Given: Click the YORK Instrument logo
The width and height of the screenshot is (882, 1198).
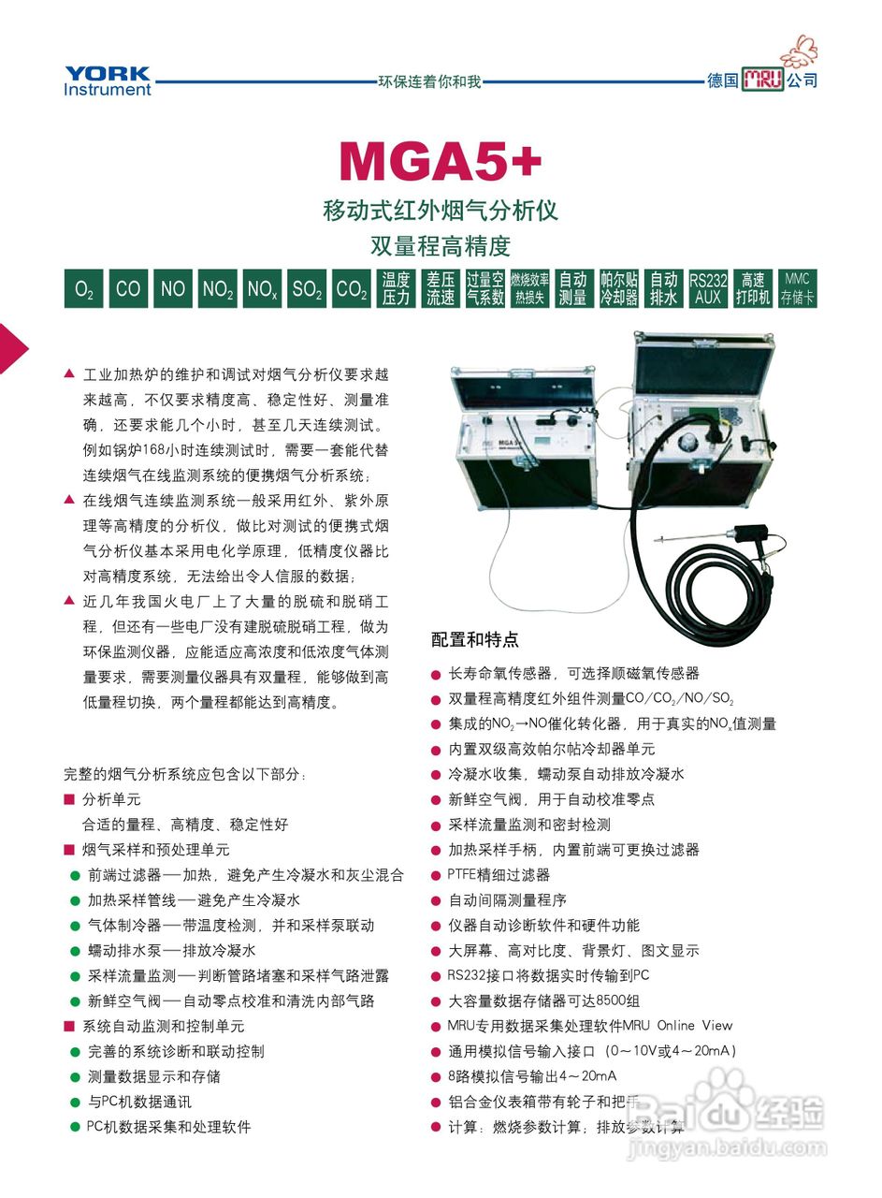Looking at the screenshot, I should (108, 80).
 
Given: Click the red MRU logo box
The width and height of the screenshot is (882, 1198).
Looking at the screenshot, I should (762, 80).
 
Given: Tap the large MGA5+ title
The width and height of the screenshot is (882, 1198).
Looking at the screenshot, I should (440, 161).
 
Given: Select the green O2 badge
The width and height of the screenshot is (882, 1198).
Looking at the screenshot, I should (83, 289).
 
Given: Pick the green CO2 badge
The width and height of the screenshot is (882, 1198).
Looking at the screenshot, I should (351, 289).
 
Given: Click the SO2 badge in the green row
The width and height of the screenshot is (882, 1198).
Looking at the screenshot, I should (307, 289).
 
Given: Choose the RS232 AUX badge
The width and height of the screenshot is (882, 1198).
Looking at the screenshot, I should (708, 289).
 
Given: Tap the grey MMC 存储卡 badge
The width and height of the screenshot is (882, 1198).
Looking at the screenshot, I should (797, 289).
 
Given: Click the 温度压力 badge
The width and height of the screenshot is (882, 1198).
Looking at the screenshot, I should (396, 289).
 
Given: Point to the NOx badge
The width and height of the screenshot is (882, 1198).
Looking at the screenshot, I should (262, 289).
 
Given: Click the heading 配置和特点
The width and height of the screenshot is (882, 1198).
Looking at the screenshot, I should (474, 640).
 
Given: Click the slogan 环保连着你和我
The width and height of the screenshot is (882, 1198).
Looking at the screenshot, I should (429, 81).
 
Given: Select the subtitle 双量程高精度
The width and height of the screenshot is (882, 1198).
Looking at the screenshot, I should (440, 246).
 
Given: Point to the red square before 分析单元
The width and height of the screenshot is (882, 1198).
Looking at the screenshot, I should (69, 799).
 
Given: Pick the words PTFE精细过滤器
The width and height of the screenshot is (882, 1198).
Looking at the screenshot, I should (499, 875).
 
